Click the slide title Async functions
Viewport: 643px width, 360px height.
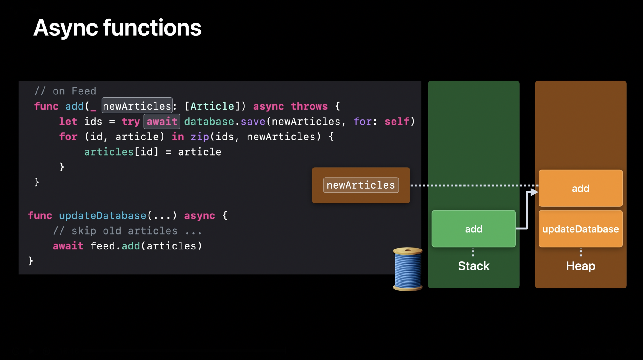point(117,28)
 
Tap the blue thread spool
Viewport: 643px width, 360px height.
point(408,269)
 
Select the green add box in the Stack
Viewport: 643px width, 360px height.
point(473,229)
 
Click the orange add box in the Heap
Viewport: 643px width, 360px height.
point(580,188)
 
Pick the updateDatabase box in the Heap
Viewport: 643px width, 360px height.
point(580,229)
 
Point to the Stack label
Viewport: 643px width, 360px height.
point(473,266)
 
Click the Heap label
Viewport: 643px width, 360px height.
point(580,266)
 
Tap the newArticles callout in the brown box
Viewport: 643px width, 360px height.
point(361,185)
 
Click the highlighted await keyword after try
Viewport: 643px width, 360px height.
point(162,122)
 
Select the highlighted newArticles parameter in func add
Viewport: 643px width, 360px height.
point(137,106)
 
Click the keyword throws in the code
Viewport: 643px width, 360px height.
point(309,106)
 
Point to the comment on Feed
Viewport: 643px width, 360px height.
point(65,91)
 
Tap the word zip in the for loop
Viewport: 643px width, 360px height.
point(200,137)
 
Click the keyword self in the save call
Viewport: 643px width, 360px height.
point(397,122)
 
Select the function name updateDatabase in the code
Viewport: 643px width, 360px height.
point(102,216)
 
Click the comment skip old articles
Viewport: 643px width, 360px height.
point(127,231)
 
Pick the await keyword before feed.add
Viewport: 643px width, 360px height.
point(68,246)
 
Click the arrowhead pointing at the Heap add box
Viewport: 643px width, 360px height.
point(533,192)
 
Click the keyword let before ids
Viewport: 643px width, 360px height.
point(68,122)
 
